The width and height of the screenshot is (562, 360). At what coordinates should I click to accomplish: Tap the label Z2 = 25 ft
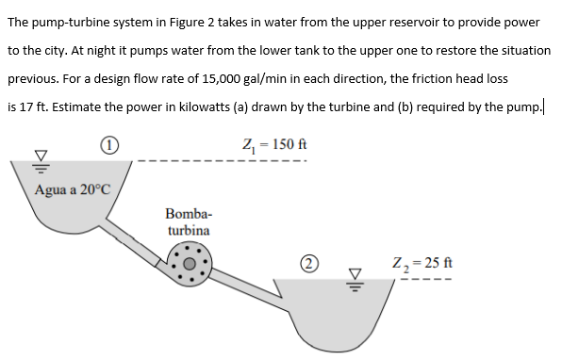pos(423,261)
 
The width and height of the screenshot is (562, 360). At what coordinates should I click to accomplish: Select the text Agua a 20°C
pos(73,188)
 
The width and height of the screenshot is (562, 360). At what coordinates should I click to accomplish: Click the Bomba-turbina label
pos(189,221)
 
